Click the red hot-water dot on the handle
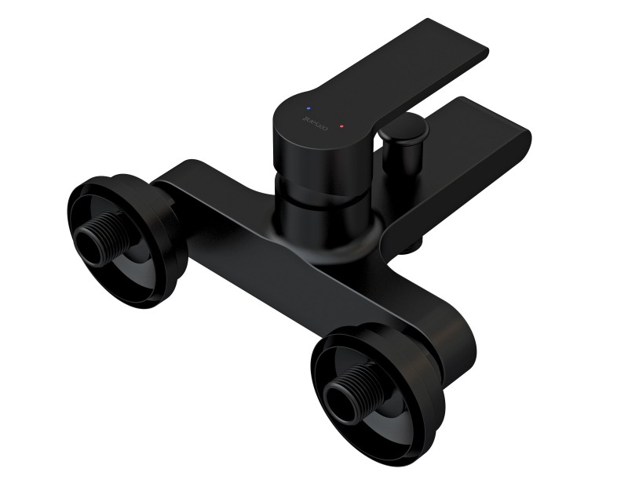[x=341, y=125]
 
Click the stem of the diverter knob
[x=405, y=161]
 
